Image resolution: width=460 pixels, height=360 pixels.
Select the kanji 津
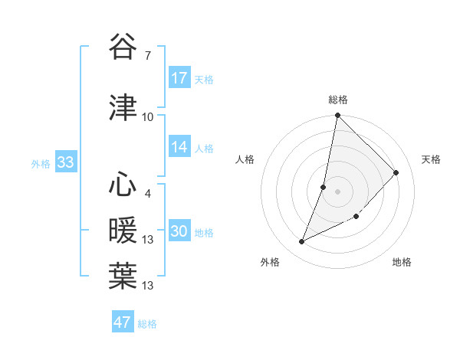point(123,107)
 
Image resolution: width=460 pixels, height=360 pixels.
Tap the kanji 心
point(123,186)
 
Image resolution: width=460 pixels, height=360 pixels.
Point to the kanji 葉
point(123,276)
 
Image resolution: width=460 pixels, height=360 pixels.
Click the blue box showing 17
point(179,78)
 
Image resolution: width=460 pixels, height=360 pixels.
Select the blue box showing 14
point(179,148)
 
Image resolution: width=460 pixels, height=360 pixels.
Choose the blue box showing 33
point(65,162)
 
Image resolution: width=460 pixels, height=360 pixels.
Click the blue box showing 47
point(123,322)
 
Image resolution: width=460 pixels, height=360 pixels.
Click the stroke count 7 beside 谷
point(147,55)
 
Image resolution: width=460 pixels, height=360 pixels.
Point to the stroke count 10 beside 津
point(147,116)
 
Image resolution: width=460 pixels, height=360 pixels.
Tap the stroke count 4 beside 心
point(147,194)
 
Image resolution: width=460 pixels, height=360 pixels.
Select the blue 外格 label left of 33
point(41,163)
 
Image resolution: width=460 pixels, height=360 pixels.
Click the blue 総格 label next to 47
point(147,324)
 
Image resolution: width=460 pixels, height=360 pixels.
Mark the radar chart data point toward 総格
point(337,116)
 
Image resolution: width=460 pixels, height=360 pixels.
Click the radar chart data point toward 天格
point(396,172)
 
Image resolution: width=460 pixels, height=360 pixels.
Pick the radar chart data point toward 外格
point(302,242)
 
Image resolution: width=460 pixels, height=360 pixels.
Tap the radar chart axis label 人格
point(245,159)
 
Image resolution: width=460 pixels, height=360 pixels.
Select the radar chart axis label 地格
point(402,263)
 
